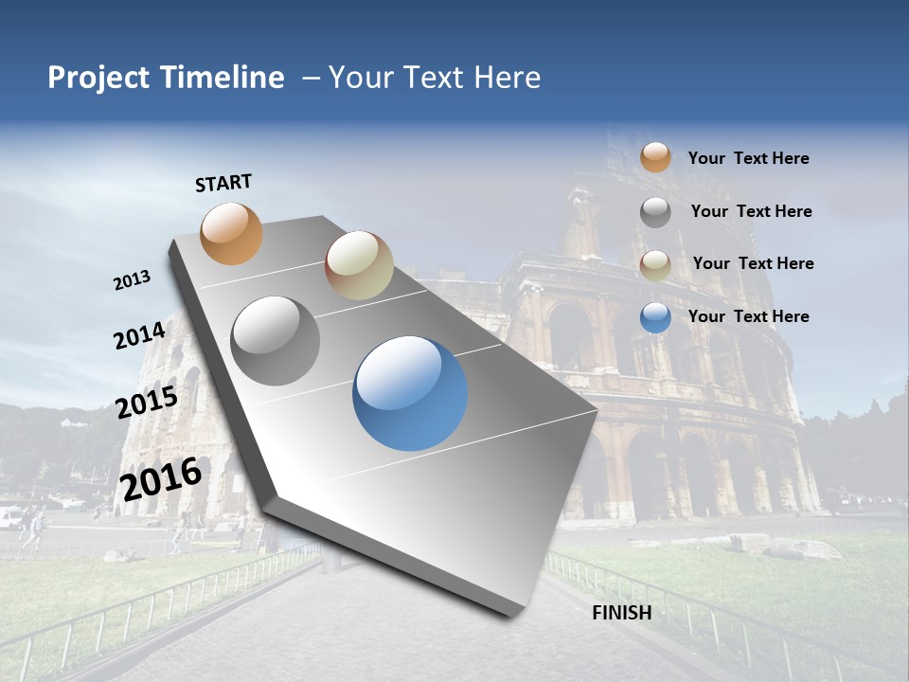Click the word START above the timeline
[x=223, y=183]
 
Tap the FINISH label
[x=621, y=613]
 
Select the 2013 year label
[x=133, y=280]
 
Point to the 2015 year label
[x=147, y=403]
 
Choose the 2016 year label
[x=161, y=479]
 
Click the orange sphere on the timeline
[x=232, y=233]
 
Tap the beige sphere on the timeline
[x=359, y=265]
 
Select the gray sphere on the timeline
[x=276, y=340]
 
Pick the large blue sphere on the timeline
[x=410, y=393]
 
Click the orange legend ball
[x=655, y=157]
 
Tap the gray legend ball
[x=655, y=212]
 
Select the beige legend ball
[x=655, y=265]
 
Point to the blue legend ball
[x=655, y=318]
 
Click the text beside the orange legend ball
[x=748, y=158]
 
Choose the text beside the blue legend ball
[x=748, y=316]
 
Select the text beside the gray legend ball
[x=751, y=211]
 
